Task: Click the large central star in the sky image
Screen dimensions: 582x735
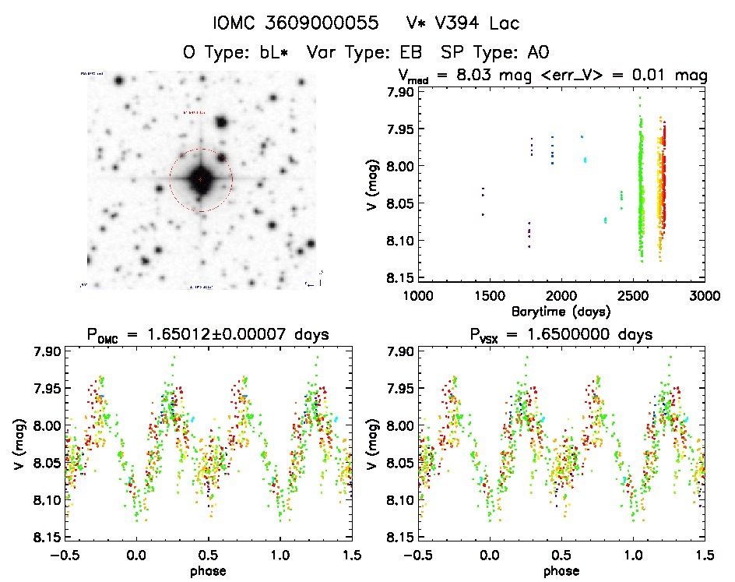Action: pos(200,179)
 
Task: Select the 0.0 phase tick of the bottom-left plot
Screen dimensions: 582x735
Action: pos(137,554)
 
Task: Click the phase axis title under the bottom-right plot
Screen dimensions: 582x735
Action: pos(561,570)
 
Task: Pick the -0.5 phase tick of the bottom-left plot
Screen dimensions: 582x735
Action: pos(64,554)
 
